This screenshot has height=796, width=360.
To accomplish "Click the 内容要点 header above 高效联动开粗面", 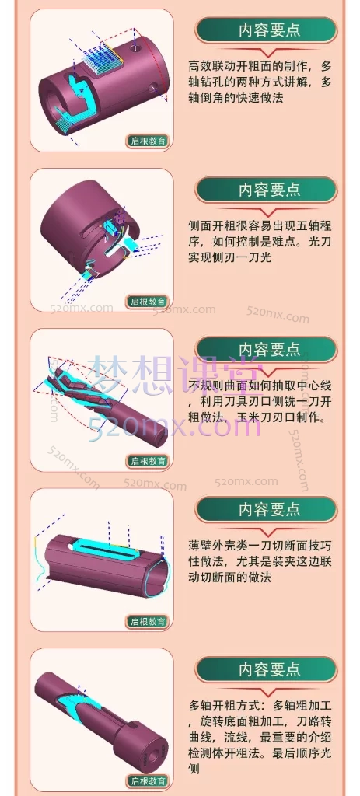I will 269,30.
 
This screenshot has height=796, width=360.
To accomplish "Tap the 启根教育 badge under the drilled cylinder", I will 148,141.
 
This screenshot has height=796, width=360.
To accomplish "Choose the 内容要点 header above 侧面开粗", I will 269,190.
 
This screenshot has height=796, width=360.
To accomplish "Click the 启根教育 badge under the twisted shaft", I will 148,461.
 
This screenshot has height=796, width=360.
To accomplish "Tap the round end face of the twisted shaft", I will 160,438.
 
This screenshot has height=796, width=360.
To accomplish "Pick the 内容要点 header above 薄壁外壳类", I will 269,509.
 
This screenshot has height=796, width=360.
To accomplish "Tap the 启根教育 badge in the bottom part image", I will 148,780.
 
